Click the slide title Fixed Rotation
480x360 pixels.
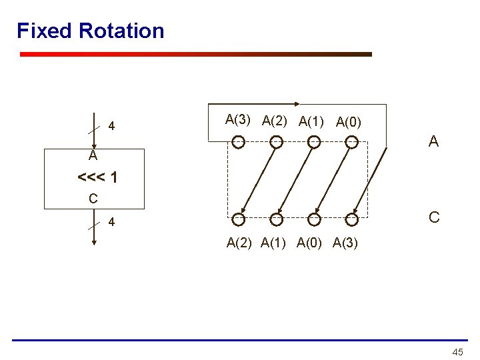(90, 31)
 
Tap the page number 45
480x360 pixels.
(457, 351)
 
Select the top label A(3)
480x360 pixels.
(238, 120)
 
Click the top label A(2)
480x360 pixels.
(275, 121)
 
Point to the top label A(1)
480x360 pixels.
(312, 121)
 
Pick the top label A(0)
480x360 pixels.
(349, 122)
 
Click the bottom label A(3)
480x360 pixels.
(345, 243)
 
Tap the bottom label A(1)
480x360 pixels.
(275, 243)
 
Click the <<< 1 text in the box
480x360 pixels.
(98, 178)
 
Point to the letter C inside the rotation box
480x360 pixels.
(93, 198)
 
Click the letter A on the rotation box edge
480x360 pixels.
(93, 157)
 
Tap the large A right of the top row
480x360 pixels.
(433, 141)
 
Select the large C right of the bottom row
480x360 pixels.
(433, 217)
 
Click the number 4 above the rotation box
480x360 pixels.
(111, 126)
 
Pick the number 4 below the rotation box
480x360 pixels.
(111, 223)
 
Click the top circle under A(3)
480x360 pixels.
(238, 141)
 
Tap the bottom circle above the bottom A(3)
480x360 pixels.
(352, 219)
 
